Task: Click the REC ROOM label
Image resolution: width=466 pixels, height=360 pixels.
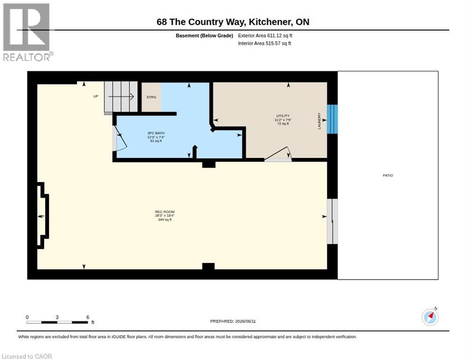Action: [165, 212]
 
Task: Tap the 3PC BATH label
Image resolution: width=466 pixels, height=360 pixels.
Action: [156, 133]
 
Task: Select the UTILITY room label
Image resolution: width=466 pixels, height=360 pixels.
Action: [283, 116]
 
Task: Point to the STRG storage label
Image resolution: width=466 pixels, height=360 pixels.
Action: [151, 97]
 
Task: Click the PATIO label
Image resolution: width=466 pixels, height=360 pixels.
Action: [388, 175]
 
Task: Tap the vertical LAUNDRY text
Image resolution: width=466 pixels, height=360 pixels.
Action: [319, 121]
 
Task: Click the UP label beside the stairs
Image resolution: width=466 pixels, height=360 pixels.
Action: [96, 96]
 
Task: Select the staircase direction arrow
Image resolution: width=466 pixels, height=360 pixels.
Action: [121, 97]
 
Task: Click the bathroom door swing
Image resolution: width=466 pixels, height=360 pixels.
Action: [120, 138]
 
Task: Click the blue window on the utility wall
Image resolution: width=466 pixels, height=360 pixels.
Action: [332, 119]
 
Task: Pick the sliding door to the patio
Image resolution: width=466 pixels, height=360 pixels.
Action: [332, 221]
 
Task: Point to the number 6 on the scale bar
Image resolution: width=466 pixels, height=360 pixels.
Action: [88, 317]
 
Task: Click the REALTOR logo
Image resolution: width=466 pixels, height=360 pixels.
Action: [27, 32]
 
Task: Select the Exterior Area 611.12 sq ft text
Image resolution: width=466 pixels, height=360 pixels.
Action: [265, 36]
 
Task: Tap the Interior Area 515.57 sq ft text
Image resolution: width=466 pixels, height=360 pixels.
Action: [264, 44]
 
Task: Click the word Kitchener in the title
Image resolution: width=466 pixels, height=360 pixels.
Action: [270, 22]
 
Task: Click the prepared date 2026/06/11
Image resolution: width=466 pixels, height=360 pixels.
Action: [246, 322]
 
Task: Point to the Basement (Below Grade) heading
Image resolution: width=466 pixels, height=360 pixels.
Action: [204, 36]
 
